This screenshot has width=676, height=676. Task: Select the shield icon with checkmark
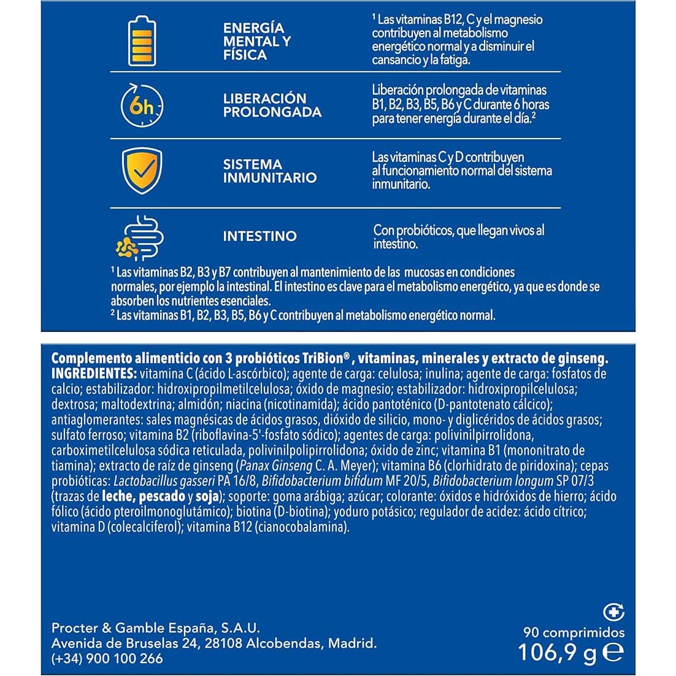coord(142,171)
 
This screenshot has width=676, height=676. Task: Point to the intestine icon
coord(141,236)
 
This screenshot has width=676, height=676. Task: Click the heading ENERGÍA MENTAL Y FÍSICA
coord(257,42)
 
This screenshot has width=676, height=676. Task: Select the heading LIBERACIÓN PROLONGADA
coord(272,105)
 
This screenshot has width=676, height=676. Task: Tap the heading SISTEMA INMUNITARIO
coord(270,171)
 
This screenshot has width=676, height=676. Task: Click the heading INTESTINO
coord(259,236)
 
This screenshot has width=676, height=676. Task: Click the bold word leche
coord(118,497)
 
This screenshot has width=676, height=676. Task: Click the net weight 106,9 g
coord(557,653)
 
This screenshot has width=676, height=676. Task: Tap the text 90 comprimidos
coord(574,632)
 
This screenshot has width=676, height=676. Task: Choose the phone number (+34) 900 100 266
coord(107,658)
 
